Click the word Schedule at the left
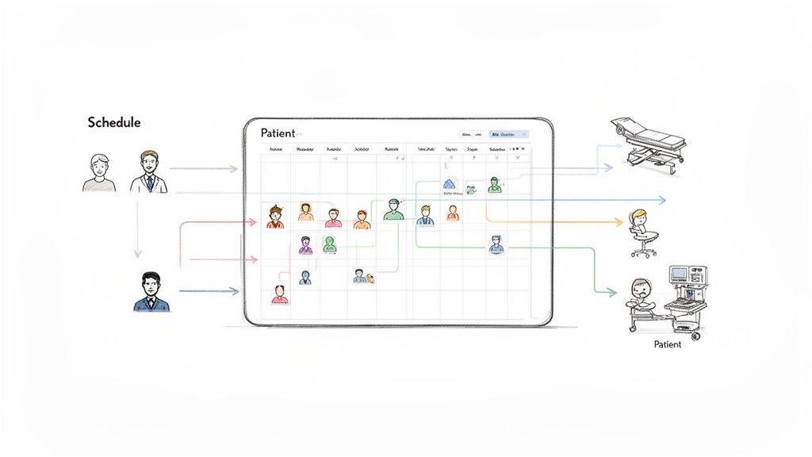coord(114,123)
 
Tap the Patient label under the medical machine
coord(667,344)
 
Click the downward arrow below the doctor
coord(137,252)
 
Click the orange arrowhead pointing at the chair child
coord(619,223)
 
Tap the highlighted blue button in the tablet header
coord(508,135)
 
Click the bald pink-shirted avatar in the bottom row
coord(279,294)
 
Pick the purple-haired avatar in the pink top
coord(305,244)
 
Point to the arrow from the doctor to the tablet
coord(205,169)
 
